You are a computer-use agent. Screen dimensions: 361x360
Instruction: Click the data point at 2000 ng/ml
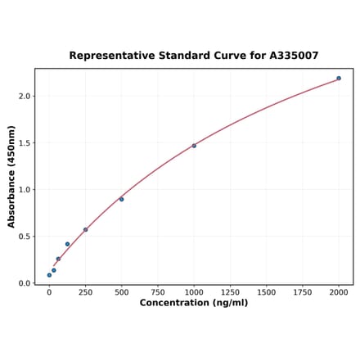tap(339, 79)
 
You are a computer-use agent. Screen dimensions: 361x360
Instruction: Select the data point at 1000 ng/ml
tap(194, 146)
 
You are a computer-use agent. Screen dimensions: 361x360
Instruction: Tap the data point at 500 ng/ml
tap(122, 199)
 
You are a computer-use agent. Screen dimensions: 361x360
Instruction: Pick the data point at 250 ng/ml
tap(85, 230)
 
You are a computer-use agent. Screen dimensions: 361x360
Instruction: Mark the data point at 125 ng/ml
tap(67, 244)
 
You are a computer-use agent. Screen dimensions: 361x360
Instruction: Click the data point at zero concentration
tap(49, 275)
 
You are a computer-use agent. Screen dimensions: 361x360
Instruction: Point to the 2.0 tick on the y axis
tap(24, 96)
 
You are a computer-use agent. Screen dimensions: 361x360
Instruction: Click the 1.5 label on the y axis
tap(24, 143)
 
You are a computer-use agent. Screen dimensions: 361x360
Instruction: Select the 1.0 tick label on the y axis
tap(24, 190)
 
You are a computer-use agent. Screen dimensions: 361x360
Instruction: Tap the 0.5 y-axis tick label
tap(24, 237)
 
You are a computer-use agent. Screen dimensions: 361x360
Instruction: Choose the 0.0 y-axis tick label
tap(24, 283)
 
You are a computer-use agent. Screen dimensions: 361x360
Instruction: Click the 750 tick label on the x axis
tap(158, 292)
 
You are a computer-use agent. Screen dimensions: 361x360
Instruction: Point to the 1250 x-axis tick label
tap(230, 292)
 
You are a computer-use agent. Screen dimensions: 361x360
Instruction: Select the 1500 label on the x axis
tap(266, 292)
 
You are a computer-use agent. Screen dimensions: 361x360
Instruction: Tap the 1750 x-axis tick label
tap(303, 292)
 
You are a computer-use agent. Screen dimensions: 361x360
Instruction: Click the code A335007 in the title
tap(291, 56)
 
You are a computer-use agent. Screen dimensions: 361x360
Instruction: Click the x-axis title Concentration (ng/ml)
tap(194, 304)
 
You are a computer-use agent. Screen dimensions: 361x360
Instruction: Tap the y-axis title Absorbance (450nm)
tap(11, 177)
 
